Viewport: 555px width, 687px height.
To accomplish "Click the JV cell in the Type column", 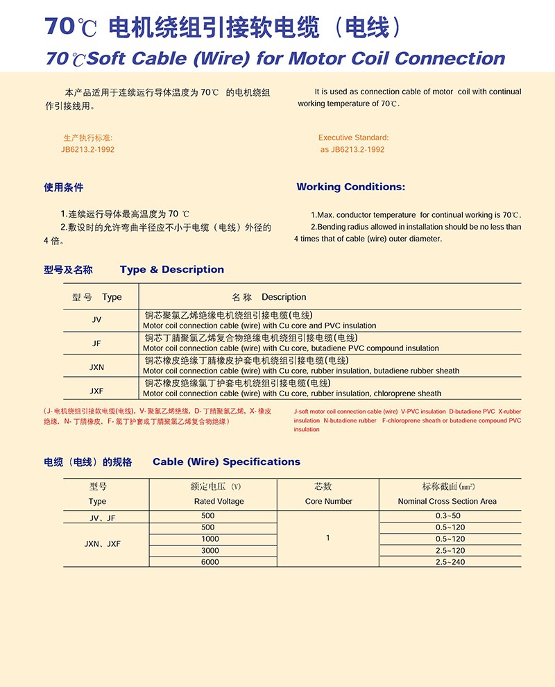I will click(x=96, y=320).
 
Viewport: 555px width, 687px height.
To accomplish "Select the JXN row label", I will click(x=96, y=366).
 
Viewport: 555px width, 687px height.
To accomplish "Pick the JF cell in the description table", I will click(x=96, y=343).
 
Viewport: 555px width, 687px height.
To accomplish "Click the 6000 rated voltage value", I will click(x=210, y=561).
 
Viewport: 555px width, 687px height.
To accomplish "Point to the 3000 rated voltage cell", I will click(x=210, y=550).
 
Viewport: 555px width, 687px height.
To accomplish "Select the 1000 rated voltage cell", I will click(x=210, y=539).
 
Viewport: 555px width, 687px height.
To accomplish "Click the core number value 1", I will click(x=327, y=538).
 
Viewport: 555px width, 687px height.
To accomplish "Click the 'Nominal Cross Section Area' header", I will click(x=447, y=501).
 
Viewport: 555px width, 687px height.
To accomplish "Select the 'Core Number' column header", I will click(x=328, y=501).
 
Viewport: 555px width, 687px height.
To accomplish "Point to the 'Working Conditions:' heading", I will click(x=350, y=187).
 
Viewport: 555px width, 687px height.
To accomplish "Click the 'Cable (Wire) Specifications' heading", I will click(x=226, y=461).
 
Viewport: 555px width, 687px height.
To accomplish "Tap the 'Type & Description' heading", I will click(x=172, y=269).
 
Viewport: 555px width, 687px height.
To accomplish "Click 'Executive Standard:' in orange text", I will click(x=353, y=137).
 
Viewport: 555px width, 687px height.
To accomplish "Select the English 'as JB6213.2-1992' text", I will click(x=352, y=149).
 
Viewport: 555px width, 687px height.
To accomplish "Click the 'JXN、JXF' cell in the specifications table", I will click(x=104, y=544).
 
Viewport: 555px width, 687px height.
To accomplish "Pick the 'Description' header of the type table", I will click(x=284, y=297).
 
